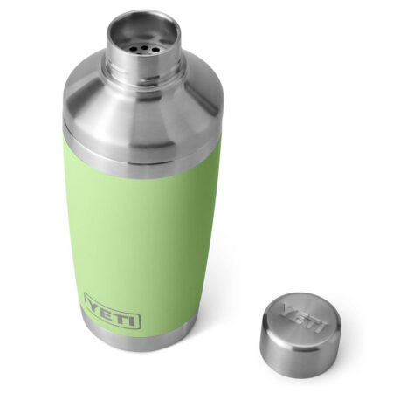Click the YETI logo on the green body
pyautogui.click(x=112, y=311)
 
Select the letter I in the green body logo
pyautogui.click(x=131, y=317)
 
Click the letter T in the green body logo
pyautogui.click(x=120, y=314)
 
